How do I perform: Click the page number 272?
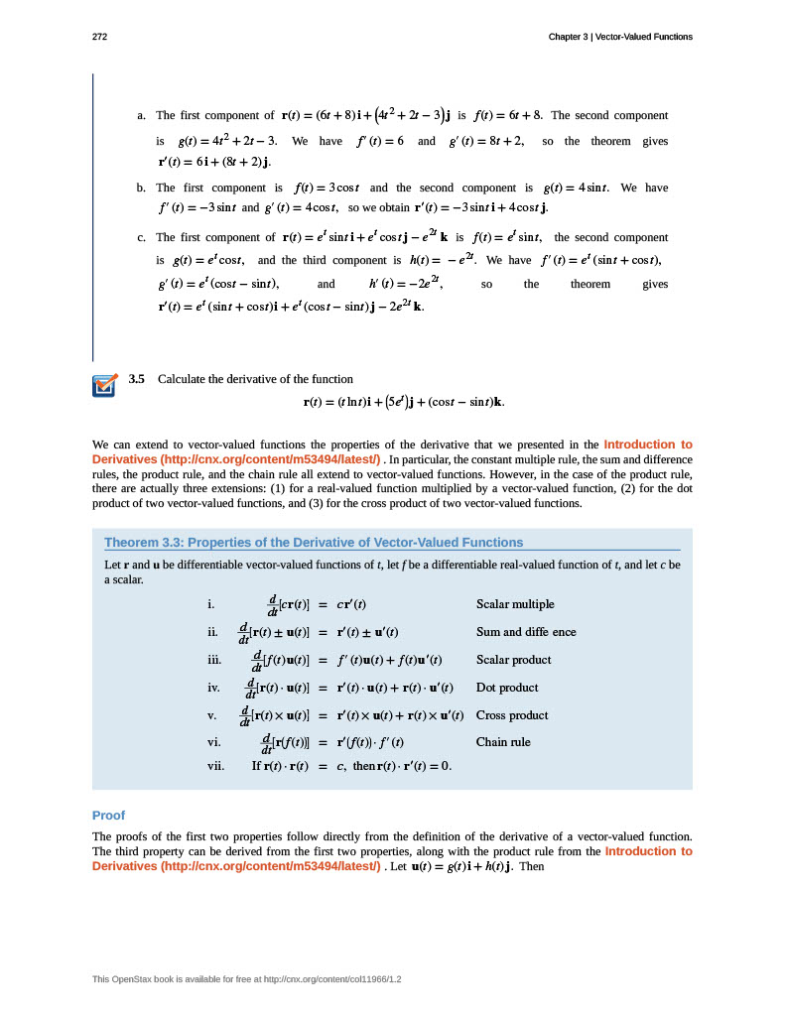pos(99,37)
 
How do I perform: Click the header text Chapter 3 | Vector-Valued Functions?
pos(620,37)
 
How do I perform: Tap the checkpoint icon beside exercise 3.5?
pos(104,385)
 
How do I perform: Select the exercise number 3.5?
pos(137,379)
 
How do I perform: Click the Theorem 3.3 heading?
pos(314,543)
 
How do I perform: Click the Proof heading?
pos(108,815)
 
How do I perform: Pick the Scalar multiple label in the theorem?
pos(515,604)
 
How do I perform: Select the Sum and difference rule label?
pos(526,632)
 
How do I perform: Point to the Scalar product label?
pos(513,660)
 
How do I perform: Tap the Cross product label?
pos(512,715)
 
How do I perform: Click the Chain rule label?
pos(503,742)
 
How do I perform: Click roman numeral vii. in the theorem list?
pos(215,766)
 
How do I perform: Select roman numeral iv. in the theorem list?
pos(213,688)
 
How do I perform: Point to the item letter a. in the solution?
pos(142,116)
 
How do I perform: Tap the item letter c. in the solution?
pos(142,238)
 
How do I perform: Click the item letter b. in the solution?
pos(142,188)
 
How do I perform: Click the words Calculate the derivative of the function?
pos(255,379)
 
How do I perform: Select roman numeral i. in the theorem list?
pos(210,604)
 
